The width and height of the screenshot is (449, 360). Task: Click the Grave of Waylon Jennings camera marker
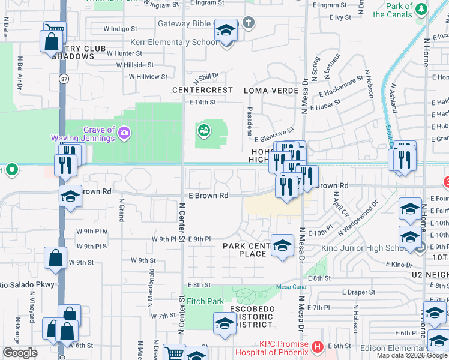[x=124, y=132]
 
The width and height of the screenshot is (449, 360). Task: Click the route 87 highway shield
[x=64, y=79]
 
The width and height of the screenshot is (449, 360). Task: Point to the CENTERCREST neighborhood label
[x=202, y=91]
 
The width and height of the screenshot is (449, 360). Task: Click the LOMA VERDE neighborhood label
[x=271, y=91]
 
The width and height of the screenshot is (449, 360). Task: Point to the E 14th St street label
[x=202, y=103]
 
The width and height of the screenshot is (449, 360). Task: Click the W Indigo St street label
[x=120, y=28]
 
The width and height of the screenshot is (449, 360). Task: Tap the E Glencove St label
[x=274, y=134]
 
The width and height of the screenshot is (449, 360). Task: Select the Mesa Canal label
[x=291, y=287]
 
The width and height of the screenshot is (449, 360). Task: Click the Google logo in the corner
[x=20, y=353]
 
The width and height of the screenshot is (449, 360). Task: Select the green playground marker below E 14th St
[x=203, y=129]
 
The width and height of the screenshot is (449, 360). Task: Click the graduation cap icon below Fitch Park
[x=225, y=323]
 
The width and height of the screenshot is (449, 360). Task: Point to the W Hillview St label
[x=143, y=77]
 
